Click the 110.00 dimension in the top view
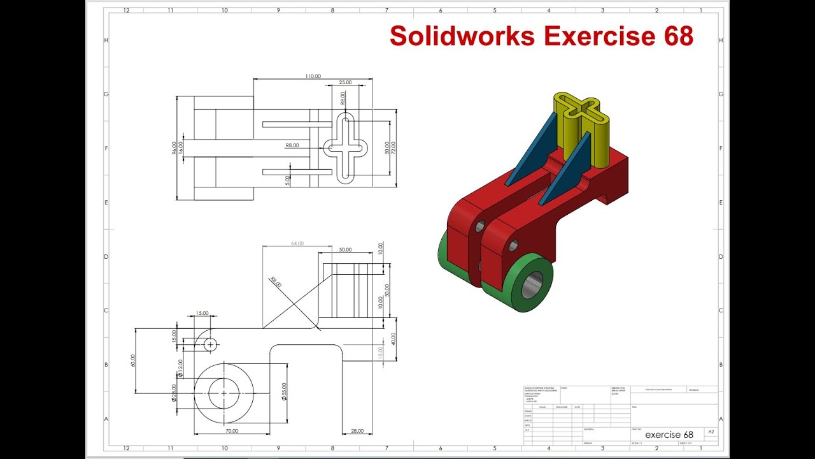[x=313, y=76]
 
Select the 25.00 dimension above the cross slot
[x=345, y=83]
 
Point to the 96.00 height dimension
[x=174, y=148]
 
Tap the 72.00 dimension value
[x=393, y=148]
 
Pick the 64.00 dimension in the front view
[x=297, y=244]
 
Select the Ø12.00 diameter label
[x=180, y=368]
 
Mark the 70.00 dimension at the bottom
[x=231, y=431]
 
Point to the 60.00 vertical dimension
[x=134, y=361]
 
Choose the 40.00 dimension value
[x=393, y=339]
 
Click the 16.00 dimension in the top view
[x=181, y=148]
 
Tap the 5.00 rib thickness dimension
[x=288, y=180]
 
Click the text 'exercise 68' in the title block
[x=669, y=435]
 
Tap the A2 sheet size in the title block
[x=711, y=432]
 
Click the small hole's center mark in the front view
[x=210, y=344]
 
